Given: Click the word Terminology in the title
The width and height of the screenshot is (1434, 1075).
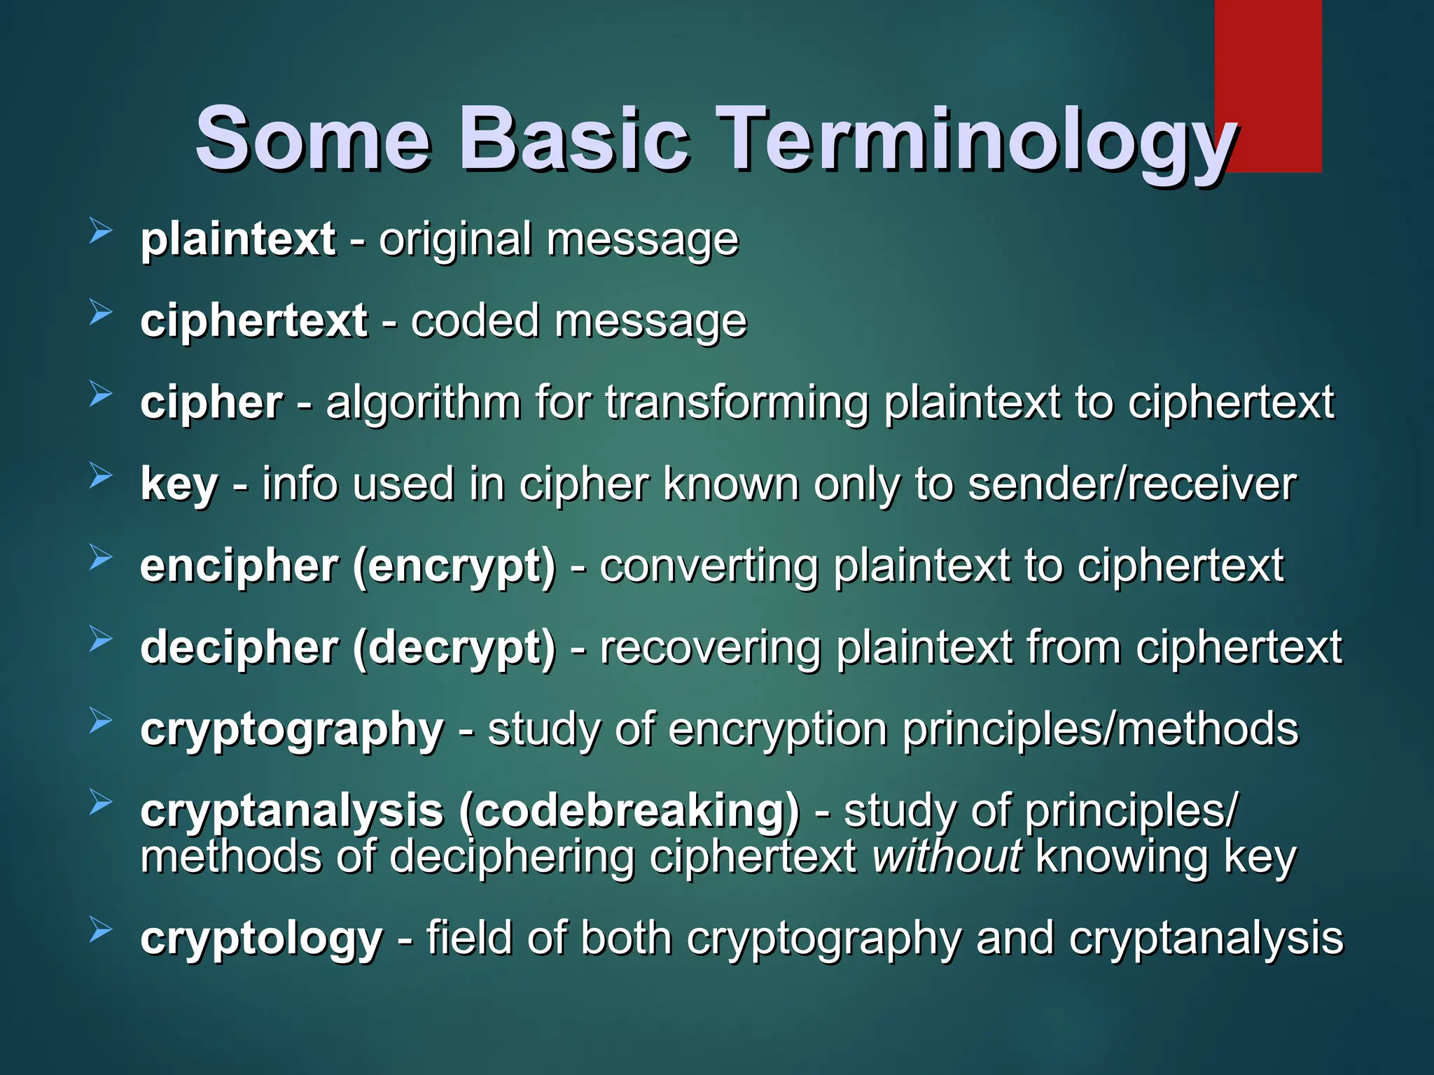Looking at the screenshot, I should point(976,140).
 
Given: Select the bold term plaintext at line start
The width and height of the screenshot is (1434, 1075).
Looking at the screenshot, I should point(238,240).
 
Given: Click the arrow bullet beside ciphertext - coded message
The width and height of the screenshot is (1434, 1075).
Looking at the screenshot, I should point(101,313).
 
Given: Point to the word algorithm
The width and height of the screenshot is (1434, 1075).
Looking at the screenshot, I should point(423,404).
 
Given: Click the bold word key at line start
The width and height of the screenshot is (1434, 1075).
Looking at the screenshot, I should point(179,485).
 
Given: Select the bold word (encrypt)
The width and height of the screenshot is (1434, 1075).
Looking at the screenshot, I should point(454,567).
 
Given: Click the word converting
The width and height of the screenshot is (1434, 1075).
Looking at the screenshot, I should point(709,567).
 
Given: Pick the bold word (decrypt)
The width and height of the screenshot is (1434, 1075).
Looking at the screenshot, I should point(454,649).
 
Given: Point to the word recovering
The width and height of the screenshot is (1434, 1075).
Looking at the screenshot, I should point(710,649).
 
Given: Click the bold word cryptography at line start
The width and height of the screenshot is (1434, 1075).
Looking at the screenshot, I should point(292,731).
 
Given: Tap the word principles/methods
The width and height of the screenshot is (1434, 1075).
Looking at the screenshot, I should point(1099,731).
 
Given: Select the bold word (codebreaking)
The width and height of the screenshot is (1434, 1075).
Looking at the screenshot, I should point(629,812).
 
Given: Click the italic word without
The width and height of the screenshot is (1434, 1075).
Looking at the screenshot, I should point(947,857).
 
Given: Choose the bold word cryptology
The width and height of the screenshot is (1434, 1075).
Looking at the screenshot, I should point(261,939).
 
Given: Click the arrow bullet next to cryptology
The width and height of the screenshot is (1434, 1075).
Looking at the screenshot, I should point(101,931).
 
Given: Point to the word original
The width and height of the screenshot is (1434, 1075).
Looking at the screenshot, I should point(455,240).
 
